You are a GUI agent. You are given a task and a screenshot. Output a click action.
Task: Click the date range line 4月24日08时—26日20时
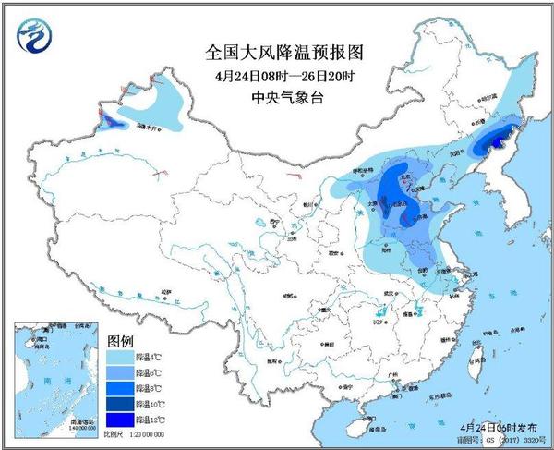click(x=278, y=75)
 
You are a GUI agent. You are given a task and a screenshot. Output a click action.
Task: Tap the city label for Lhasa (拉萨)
click(x=166, y=292)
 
